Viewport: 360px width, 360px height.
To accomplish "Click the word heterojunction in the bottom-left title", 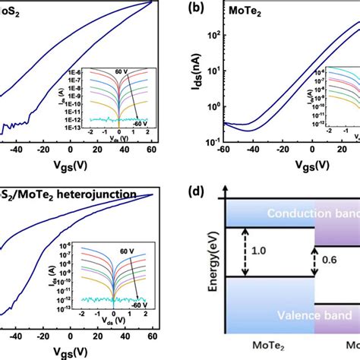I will coord(88,193).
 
